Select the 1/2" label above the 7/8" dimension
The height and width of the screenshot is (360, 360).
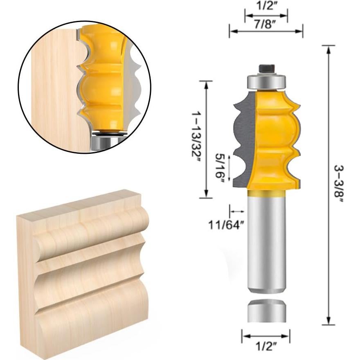click(265, 6)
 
